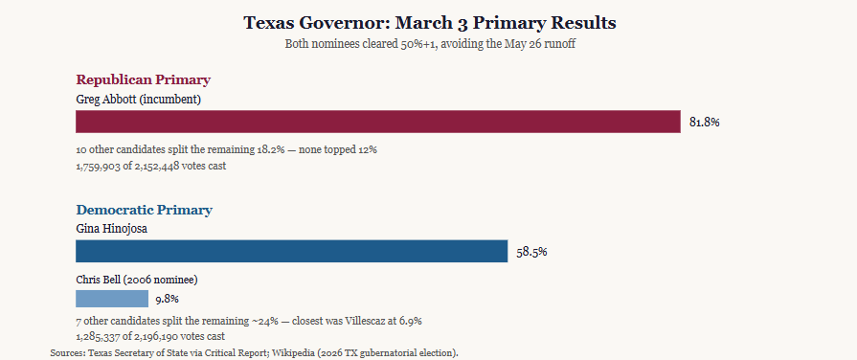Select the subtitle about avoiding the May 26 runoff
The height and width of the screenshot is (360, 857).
pyautogui.click(x=430, y=44)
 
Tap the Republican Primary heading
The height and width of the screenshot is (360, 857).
pyautogui.click(x=144, y=79)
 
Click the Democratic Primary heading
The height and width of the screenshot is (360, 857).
pyautogui.click(x=145, y=210)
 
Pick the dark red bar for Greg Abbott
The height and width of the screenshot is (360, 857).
pyautogui.click(x=378, y=122)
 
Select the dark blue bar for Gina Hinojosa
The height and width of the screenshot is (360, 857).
pyautogui.click(x=292, y=251)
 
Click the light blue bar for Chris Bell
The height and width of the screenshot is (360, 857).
pyautogui.click(x=112, y=299)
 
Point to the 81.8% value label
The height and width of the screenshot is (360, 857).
pyautogui.click(x=705, y=123)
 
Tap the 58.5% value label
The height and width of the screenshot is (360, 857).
pyautogui.click(x=531, y=253)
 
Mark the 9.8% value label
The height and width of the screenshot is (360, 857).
pyautogui.click(x=168, y=300)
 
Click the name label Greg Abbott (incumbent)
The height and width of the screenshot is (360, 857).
pyautogui.click(x=139, y=100)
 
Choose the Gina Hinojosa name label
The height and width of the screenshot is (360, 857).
pyautogui.click(x=111, y=229)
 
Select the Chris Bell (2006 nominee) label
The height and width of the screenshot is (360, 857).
pyautogui.click(x=137, y=280)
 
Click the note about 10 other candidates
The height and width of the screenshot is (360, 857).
pyautogui.click(x=226, y=149)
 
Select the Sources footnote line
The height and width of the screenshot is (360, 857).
pyautogui.click(x=254, y=353)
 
